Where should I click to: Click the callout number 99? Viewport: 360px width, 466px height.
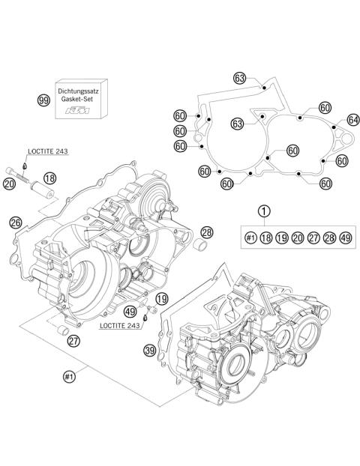coord(45,99)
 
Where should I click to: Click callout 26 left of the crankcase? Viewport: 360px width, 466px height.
coord(16,222)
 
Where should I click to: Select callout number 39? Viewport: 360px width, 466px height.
coord(150,351)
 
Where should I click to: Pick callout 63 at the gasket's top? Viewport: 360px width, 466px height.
coord(239,79)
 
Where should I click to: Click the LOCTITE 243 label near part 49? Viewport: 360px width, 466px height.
coord(121,327)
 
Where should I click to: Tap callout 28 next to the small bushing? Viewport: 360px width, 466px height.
coord(206,232)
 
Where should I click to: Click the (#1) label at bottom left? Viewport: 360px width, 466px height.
coord(71,377)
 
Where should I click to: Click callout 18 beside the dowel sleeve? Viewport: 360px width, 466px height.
coord(49,178)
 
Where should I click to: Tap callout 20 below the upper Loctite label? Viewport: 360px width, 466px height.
coord(9,183)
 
